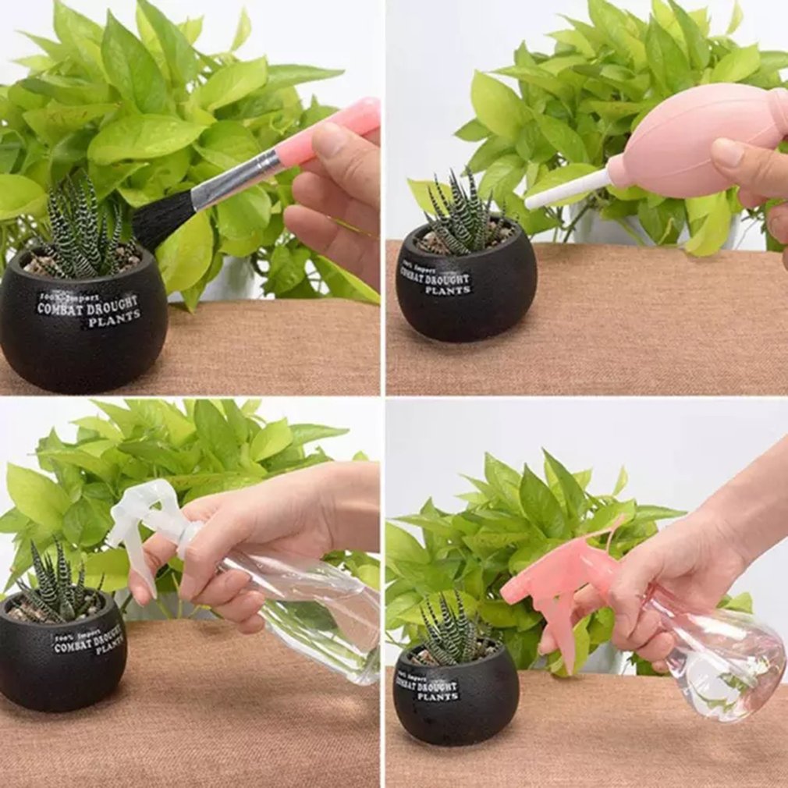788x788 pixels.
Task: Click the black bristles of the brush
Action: click(162, 220)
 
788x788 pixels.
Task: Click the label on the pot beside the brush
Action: click(88, 310)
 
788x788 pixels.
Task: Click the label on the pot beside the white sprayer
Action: click(87, 640)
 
